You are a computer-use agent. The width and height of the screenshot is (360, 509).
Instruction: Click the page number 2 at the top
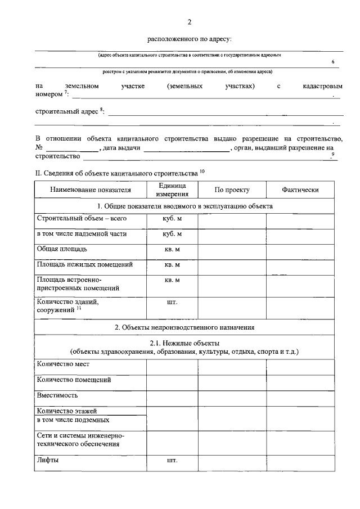190,22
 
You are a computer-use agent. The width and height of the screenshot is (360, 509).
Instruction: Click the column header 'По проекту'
232,190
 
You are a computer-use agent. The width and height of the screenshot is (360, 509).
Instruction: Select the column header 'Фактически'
300,190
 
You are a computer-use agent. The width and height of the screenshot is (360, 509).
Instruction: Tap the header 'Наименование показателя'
90,190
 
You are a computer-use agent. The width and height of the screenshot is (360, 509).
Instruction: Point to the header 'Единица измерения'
172,190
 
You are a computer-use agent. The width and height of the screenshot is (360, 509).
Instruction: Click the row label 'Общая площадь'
62,249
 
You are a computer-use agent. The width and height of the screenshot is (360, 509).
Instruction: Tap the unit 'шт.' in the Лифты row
172,461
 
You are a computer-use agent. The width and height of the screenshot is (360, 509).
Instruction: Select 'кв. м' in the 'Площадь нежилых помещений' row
172,264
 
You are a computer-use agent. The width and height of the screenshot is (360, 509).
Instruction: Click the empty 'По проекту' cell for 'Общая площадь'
232,249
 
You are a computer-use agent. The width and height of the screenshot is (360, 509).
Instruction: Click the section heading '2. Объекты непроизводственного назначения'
188,327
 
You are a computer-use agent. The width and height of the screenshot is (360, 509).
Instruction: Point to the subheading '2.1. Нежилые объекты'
184,343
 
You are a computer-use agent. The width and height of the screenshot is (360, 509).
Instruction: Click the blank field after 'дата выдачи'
186,148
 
